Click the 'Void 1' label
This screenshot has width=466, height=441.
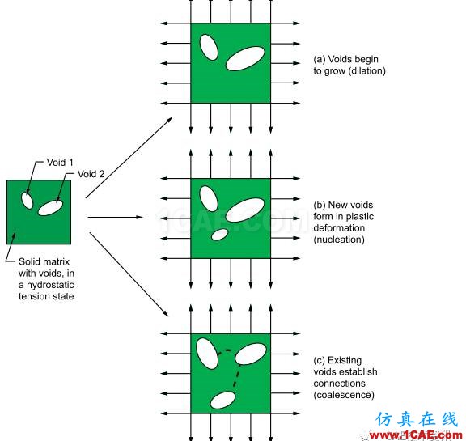click(x=60, y=163)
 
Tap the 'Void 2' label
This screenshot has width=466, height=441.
click(x=91, y=174)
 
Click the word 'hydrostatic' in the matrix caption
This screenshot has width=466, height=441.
click(x=50, y=285)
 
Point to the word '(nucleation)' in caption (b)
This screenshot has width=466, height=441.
click(x=339, y=240)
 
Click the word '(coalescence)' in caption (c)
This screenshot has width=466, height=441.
click(x=344, y=395)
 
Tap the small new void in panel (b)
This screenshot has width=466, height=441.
click(x=219, y=235)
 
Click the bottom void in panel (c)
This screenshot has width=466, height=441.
click(x=222, y=400)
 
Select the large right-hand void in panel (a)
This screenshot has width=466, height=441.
click(x=245, y=58)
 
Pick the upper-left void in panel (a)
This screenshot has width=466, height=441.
click(x=209, y=48)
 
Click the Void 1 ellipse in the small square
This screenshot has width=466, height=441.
click(x=27, y=201)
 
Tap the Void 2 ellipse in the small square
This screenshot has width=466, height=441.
click(x=50, y=208)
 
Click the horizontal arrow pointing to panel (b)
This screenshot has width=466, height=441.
click(x=116, y=217)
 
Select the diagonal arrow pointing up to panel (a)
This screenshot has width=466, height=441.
click(x=129, y=157)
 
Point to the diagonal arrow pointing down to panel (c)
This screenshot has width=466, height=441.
click(x=129, y=274)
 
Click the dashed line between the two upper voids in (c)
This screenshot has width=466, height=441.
click(x=227, y=352)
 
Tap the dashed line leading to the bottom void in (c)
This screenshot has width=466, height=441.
click(x=237, y=375)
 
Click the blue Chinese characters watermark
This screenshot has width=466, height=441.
click(x=416, y=419)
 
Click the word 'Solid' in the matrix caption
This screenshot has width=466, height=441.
click(x=29, y=261)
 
